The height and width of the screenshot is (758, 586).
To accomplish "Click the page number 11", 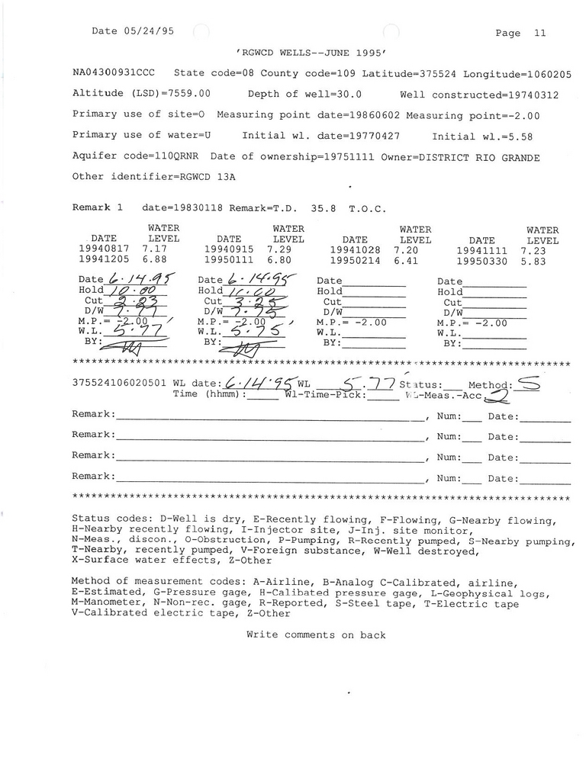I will (540, 33).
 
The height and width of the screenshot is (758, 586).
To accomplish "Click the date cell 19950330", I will (482, 260).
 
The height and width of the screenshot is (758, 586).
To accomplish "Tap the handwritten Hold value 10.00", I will (130, 291).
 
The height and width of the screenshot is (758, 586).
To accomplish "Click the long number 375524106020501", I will (118, 384).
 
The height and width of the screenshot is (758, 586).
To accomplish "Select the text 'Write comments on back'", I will (316, 635).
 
